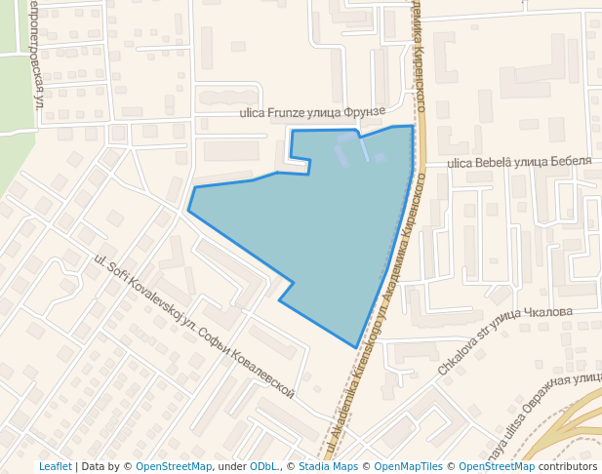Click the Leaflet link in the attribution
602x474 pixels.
pos(55,466)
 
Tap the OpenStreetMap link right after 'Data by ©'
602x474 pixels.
pos(173,466)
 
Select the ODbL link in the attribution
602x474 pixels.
pos(263,466)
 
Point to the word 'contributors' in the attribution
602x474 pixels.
pos(567,466)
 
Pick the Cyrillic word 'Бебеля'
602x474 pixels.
pos(571,160)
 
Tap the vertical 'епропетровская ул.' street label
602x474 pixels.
pos(36,54)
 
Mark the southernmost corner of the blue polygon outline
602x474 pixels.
pos(356,346)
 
